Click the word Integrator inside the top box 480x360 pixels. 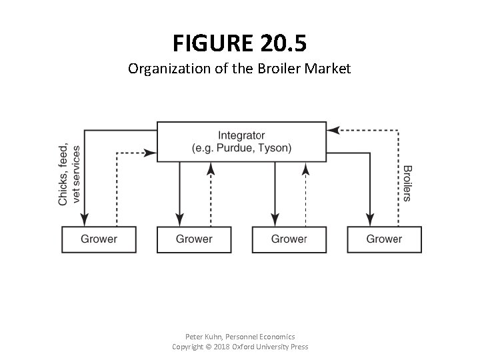(241, 135)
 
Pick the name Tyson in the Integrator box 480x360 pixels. (275, 147)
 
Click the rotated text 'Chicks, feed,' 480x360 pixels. (63, 175)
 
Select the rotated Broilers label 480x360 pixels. (407, 183)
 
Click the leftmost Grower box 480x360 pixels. (99, 239)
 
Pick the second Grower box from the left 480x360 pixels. (194, 239)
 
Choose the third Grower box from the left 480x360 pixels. (289, 239)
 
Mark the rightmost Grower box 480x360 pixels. (384, 239)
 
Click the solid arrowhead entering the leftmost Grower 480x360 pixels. (84, 219)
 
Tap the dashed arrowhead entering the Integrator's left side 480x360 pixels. (150, 153)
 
